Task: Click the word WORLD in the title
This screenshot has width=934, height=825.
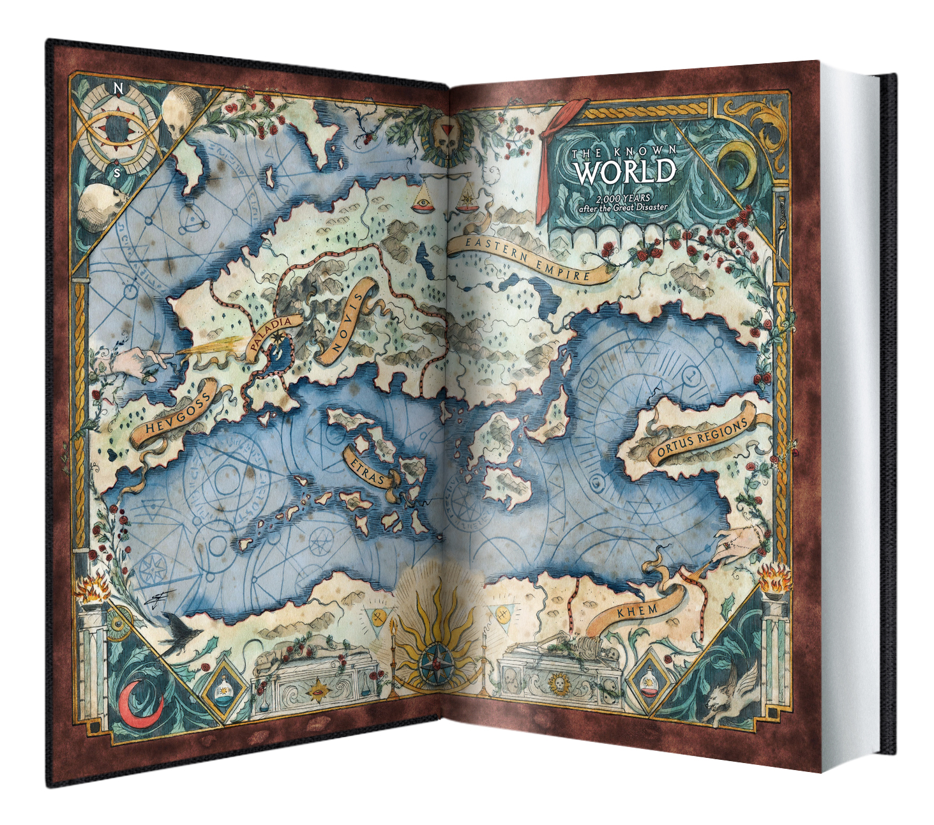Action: (624, 172)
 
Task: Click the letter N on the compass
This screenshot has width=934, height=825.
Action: (117, 89)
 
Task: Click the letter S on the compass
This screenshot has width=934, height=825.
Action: (116, 172)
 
